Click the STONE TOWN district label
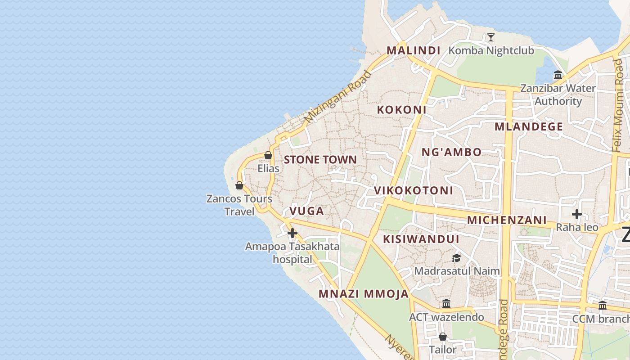[x=320, y=160]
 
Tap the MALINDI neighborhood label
[x=414, y=50]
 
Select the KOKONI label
[x=401, y=109]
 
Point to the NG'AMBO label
[x=451, y=152]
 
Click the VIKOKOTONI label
[x=414, y=190]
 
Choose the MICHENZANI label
[x=507, y=220]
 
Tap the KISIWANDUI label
[x=421, y=239]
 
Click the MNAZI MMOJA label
[x=364, y=294]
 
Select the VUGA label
[x=306, y=211]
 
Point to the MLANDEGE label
[x=529, y=126]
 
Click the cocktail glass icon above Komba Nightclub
[x=490, y=37]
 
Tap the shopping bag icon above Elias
[x=268, y=156]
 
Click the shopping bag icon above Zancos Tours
[x=239, y=185]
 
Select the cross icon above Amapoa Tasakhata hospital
[x=292, y=233]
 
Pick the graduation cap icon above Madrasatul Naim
[x=456, y=258]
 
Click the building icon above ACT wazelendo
[x=446, y=304]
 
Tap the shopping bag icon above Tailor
[x=442, y=337]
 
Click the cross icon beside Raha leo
[x=576, y=214]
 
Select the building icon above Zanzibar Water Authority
[x=558, y=75]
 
